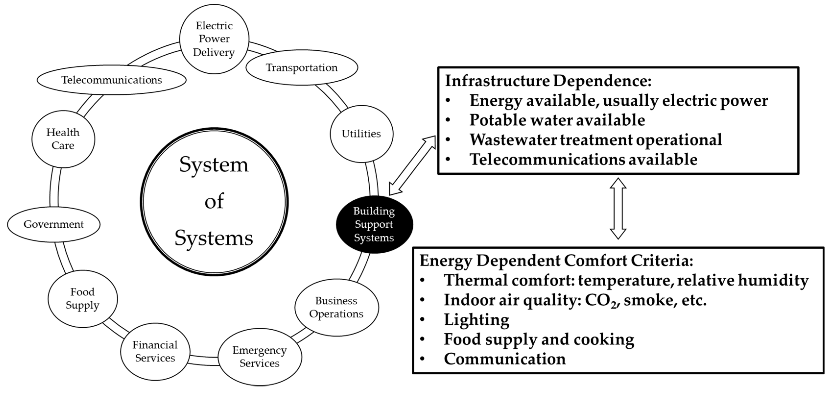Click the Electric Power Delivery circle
tap(214, 39)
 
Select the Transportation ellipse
tap(302, 68)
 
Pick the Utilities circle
tap(362, 134)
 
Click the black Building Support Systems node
tap(374, 224)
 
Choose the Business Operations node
tap(336, 308)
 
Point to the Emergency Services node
tap(260, 357)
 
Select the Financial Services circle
tap(155, 351)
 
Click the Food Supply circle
tap(83, 299)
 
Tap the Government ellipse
tap(54, 224)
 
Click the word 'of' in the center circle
tap(214, 201)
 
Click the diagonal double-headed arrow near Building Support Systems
tap(412, 165)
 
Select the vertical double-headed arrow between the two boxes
tap(618, 209)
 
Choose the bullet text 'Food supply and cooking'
tap(539, 339)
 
